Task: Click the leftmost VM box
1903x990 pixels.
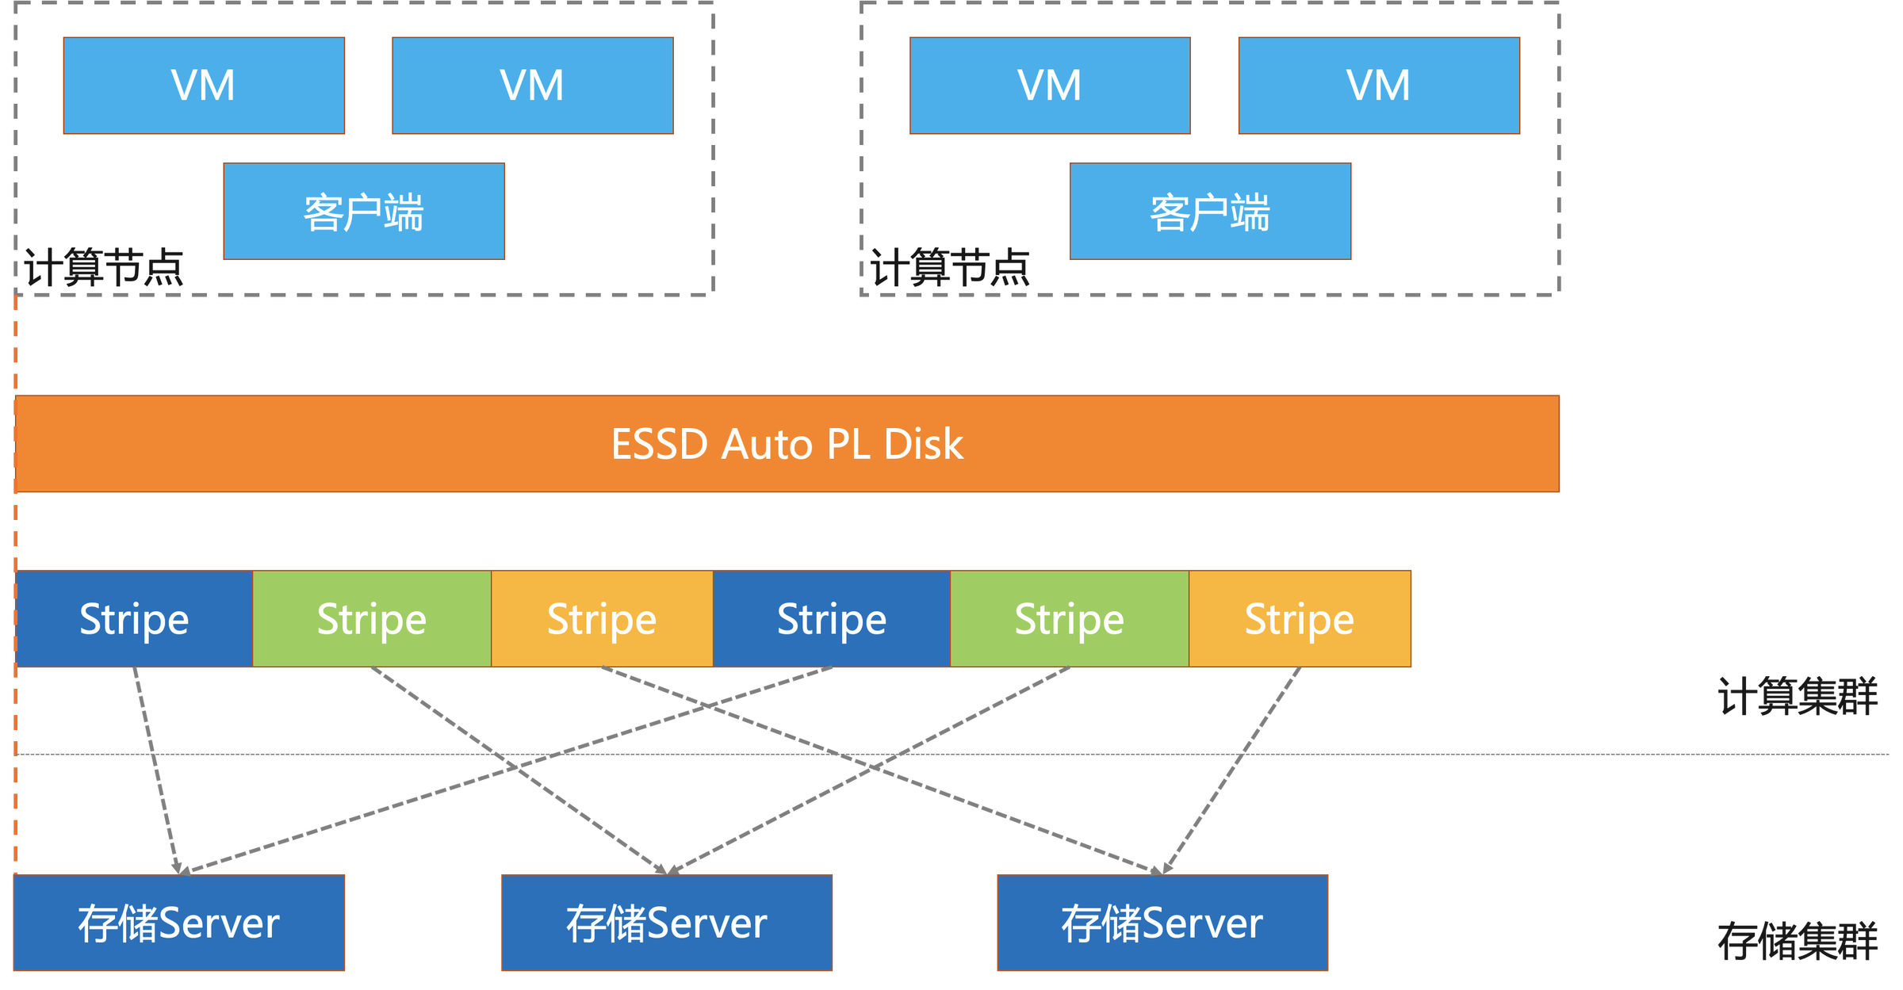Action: [x=204, y=86]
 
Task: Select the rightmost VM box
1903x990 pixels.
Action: [x=1379, y=86]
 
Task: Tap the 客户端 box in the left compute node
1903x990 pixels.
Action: [x=364, y=212]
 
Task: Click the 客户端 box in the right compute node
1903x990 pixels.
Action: [x=1210, y=212]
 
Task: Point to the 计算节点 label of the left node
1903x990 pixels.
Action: [x=103, y=268]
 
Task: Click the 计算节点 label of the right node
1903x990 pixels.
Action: [x=949, y=268]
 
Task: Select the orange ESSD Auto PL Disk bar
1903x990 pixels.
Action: [x=787, y=444]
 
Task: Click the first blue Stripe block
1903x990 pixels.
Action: [x=134, y=619]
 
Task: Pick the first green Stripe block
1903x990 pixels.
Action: [x=371, y=619]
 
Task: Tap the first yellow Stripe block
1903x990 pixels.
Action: [x=602, y=619]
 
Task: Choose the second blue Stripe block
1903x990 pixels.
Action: [x=831, y=619]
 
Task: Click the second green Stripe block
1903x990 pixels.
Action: [x=1069, y=619]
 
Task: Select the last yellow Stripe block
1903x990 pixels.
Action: [x=1300, y=619]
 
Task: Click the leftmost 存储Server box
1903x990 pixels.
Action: [x=179, y=923]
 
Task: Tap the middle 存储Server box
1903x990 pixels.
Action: [x=667, y=923]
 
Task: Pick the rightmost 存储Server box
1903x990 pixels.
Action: [x=1162, y=923]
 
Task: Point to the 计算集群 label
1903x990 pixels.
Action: [x=1798, y=697]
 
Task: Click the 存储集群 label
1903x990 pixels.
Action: [x=1798, y=942]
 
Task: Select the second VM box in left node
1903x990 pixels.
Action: [x=532, y=86]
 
